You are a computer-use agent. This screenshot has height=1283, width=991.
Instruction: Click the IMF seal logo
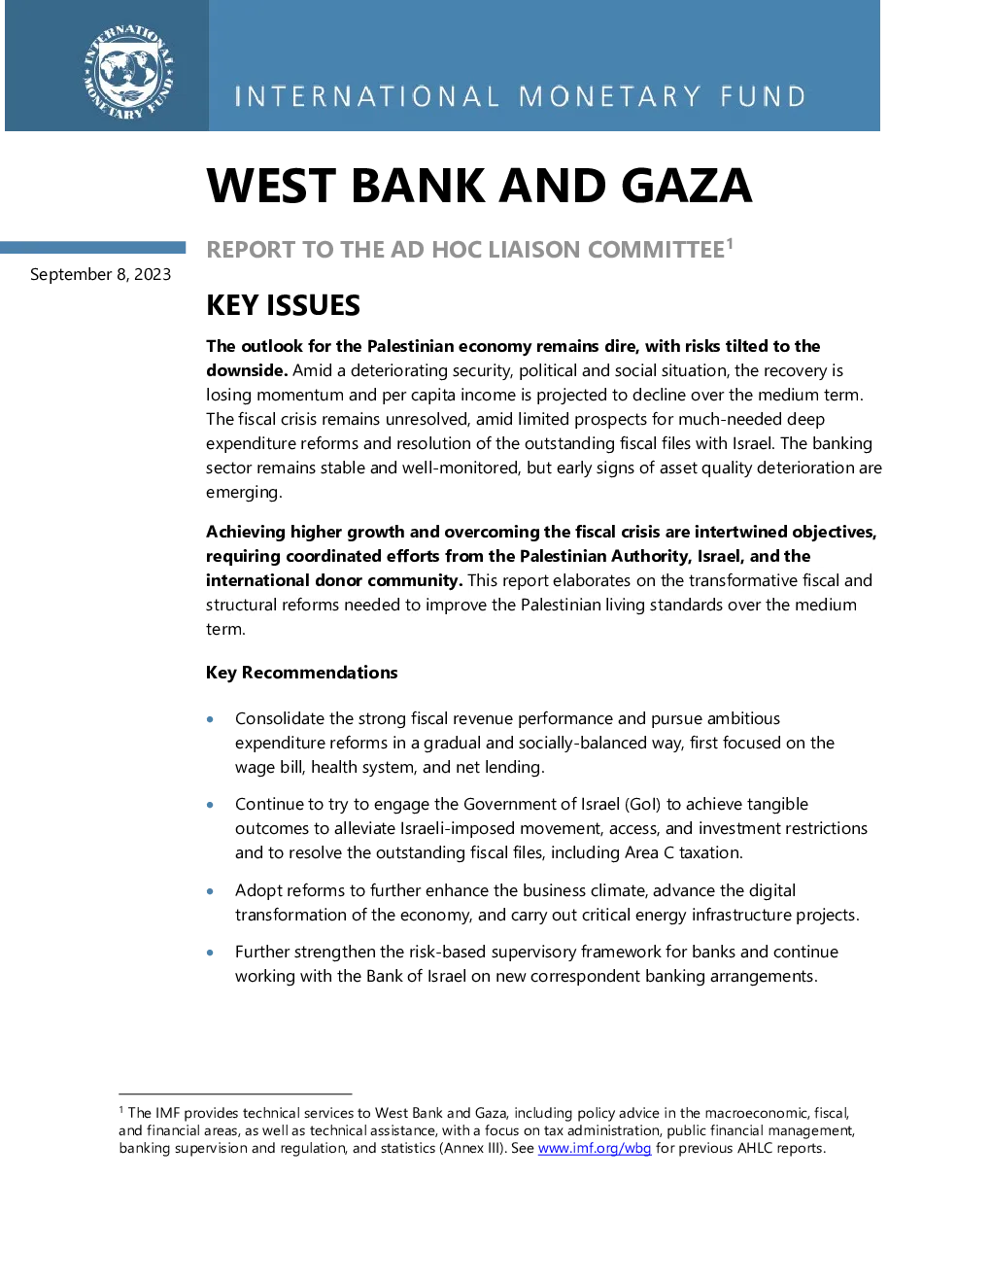128,72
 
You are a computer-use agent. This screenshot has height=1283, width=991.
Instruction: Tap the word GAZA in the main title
687,186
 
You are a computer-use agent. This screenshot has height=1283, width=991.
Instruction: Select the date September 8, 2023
100,274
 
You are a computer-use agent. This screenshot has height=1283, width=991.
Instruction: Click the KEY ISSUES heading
283,305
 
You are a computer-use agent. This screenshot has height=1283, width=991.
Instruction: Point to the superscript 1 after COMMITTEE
730,243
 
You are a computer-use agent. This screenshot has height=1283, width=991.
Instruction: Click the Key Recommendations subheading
301,673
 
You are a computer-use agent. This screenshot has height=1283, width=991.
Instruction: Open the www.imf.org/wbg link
595,1148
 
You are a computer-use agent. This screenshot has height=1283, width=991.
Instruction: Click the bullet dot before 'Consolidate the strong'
210,719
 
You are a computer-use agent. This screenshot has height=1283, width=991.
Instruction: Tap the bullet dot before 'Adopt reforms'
210,891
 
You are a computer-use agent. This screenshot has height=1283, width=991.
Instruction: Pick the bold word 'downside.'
247,370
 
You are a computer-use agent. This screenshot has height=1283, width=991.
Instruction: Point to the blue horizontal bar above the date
92,247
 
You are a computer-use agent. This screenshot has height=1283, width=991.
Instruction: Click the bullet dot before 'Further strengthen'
210,953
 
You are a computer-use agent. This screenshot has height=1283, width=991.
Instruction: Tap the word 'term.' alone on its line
225,630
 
